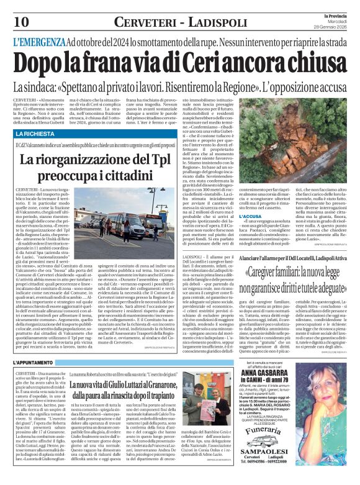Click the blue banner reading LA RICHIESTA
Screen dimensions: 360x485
coord(35,134)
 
